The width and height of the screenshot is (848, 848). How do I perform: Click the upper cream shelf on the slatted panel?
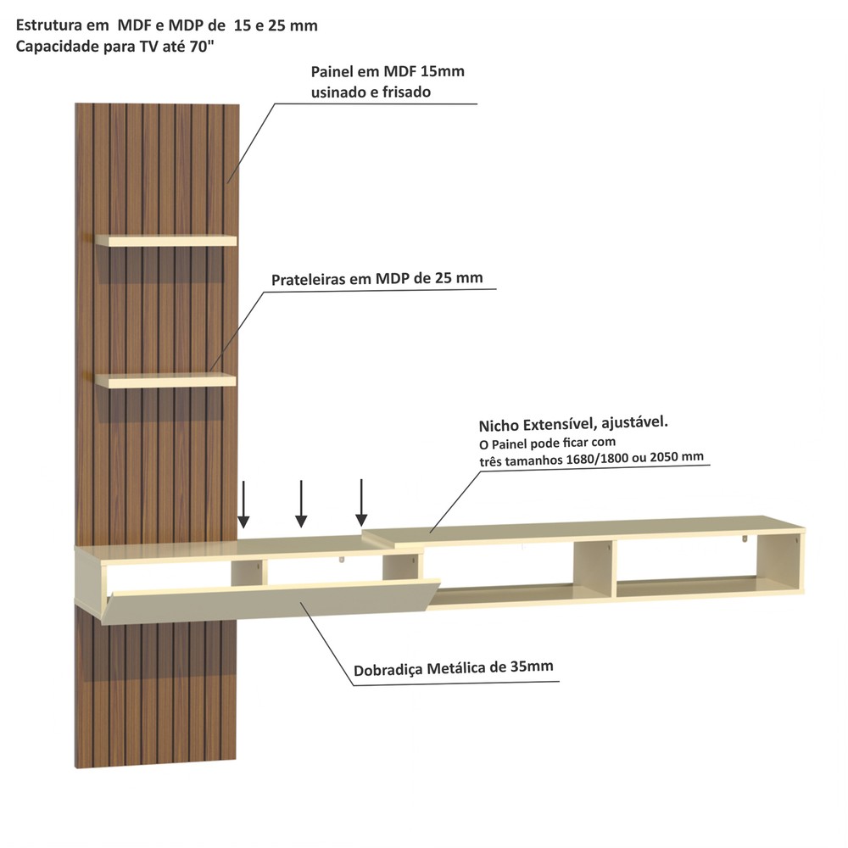[x=166, y=240]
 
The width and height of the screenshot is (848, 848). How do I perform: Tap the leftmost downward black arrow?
[x=243, y=504]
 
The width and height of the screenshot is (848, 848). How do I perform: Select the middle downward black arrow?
[x=301, y=504]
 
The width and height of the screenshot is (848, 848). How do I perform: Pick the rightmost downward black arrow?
[x=361, y=502]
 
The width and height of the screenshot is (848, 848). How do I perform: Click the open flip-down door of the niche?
[x=271, y=601]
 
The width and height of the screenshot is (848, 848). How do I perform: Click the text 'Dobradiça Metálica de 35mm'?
[x=453, y=668]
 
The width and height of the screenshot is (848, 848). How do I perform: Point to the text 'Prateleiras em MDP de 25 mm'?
[x=377, y=278]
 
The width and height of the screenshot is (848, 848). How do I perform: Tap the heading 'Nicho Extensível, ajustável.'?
[x=573, y=423]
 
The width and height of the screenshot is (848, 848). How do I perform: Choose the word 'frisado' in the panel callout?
[x=406, y=92]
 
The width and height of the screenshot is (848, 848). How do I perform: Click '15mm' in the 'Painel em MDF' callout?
[x=442, y=71]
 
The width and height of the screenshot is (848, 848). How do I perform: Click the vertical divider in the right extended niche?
[x=593, y=569]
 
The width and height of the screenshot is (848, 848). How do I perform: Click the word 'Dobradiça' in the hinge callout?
[x=388, y=670]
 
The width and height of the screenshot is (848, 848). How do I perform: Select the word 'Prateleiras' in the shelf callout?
[x=309, y=280]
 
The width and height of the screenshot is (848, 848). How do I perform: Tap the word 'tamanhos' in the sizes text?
[x=532, y=460]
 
